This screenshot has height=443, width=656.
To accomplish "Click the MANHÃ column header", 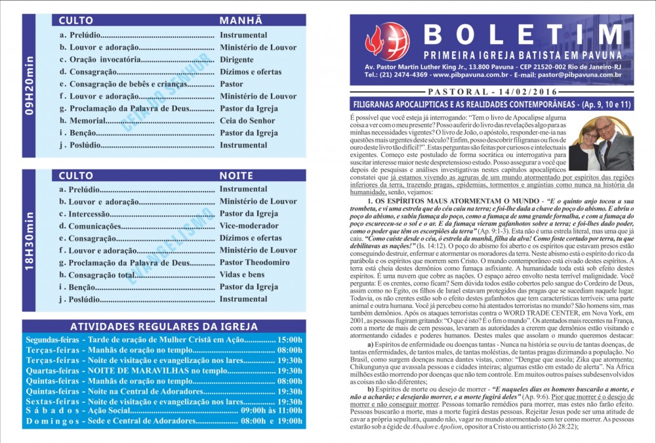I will coord(241,20).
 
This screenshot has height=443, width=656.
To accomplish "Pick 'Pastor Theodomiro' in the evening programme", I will coord(255,263).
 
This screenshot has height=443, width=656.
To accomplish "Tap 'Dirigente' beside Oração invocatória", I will coord(237,59).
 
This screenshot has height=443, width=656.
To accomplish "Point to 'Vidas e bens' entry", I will coord(242,274).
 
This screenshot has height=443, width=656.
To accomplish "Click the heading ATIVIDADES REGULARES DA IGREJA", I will coord(163,326).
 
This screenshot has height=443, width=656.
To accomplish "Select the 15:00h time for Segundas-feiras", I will coord(289,340).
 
